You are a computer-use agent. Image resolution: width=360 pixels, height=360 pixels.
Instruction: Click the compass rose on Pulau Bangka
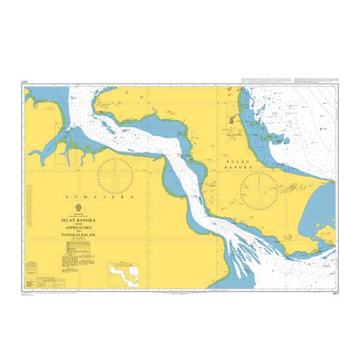click(x=259, y=189)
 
